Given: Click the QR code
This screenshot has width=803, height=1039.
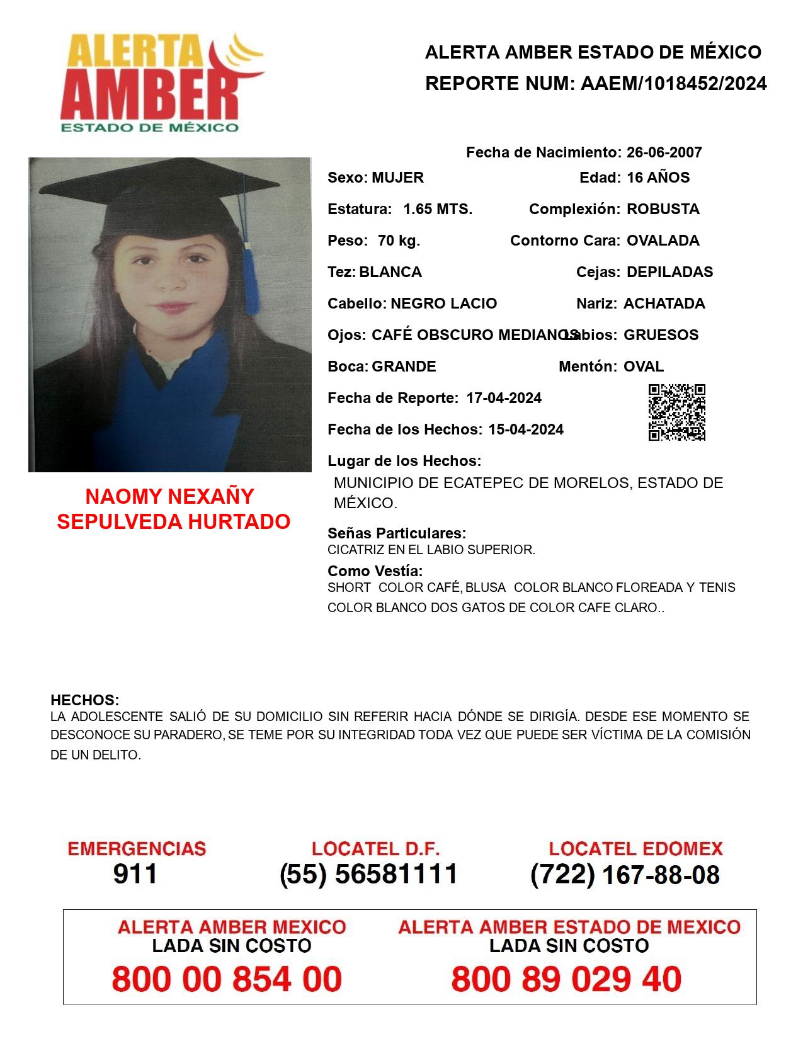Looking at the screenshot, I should click(677, 412).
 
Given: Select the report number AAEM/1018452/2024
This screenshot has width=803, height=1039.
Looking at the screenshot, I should click(673, 83).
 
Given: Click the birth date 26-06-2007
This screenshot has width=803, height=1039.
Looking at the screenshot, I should click(664, 152).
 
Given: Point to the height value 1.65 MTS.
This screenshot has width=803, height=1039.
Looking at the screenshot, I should click(438, 209).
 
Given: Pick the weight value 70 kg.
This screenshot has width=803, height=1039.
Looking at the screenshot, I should click(399, 241).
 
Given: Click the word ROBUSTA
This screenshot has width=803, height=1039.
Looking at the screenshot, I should click(663, 209).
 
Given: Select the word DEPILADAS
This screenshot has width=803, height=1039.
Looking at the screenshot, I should click(669, 272).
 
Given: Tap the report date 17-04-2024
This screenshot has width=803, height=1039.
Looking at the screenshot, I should click(504, 398).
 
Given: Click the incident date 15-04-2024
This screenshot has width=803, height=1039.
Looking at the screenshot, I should click(526, 429).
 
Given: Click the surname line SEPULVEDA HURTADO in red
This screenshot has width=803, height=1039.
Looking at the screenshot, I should click(173, 521).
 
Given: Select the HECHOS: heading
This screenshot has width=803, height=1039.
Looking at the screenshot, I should click(84, 700).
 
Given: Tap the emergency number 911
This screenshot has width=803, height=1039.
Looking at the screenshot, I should click(135, 874).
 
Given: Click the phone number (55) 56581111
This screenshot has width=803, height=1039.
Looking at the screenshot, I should click(368, 874).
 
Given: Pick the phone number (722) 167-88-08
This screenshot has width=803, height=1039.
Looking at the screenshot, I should click(625, 874).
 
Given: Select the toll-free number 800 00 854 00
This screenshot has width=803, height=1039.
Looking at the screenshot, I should click(227, 979).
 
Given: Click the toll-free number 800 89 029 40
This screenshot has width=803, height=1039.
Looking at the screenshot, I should click(566, 979).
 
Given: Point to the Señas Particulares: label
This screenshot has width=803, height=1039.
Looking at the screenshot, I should click(397, 533).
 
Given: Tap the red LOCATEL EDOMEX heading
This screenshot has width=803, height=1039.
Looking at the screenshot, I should click(635, 848).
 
